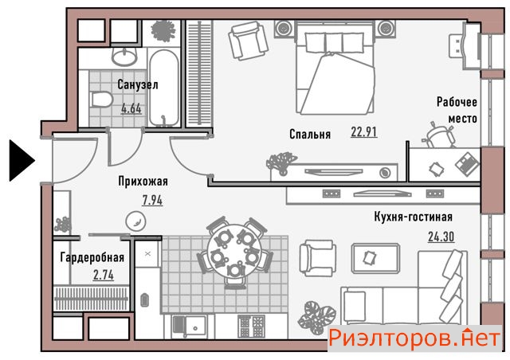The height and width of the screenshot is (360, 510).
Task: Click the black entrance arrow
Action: point(22,160)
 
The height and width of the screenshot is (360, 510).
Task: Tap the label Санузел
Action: point(138,84)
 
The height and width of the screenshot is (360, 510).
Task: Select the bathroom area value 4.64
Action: point(131,108)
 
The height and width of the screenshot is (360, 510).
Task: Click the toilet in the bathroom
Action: point(101,100)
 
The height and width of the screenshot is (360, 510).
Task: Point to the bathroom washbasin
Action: point(124,57)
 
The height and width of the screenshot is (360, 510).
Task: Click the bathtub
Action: point(164,88)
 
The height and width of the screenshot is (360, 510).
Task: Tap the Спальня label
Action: point(310,134)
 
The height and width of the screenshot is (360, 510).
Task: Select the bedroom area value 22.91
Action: point(364,131)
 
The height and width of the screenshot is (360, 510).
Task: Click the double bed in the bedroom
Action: point(335,68)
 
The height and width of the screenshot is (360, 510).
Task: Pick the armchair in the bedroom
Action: point(248,41)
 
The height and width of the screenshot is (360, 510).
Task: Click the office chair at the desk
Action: point(439,135)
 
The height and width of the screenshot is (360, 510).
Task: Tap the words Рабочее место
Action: point(457,110)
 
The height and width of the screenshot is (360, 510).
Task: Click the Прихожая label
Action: point(143,181)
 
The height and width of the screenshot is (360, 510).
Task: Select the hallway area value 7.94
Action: point(152,200)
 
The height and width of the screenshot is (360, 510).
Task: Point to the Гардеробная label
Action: point(92,257)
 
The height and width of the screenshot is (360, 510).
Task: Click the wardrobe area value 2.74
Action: point(104,275)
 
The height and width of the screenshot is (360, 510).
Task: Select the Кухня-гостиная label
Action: point(414,217)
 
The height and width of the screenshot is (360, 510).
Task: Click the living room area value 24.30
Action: point(441,237)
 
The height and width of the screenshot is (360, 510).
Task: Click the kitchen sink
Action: point(189,327)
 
